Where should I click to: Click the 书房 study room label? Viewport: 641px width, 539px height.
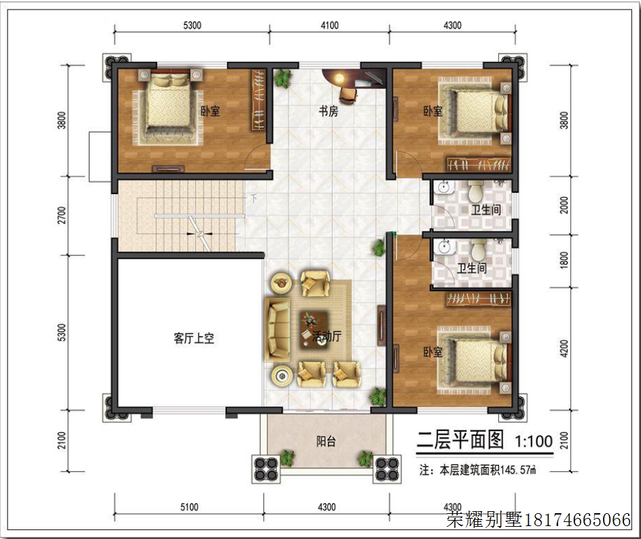[328, 111]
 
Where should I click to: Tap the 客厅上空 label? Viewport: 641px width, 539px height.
[194, 338]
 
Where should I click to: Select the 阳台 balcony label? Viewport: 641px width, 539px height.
[326, 441]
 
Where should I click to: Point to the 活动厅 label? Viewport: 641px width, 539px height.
[327, 336]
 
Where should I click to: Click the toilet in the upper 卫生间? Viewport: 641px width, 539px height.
[476, 191]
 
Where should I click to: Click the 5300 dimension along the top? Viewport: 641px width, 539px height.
[192, 25]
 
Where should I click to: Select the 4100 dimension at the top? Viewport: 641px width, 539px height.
[329, 25]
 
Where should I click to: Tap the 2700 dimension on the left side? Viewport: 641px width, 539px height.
[61, 215]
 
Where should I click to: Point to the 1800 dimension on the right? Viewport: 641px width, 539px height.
[564, 260]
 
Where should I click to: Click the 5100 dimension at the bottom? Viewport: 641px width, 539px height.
[189, 507]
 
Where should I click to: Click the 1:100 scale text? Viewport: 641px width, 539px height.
[534, 441]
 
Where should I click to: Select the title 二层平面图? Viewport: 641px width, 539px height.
[460, 440]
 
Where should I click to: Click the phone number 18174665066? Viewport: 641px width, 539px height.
[577, 520]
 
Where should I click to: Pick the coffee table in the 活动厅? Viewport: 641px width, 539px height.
[314, 330]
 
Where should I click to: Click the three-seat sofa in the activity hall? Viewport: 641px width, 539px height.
[278, 330]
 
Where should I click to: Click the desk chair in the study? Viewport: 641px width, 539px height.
[348, 94]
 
